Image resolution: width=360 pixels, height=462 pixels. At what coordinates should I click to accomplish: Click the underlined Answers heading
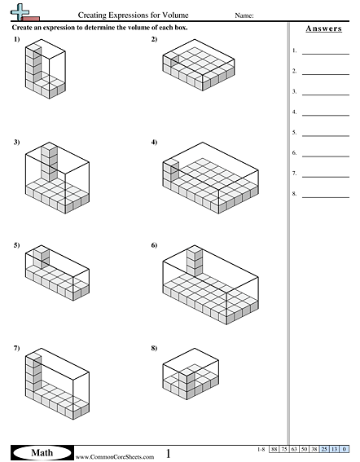323,29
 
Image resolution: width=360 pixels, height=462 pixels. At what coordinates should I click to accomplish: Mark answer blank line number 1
325,52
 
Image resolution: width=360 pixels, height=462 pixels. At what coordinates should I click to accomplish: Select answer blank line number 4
325,113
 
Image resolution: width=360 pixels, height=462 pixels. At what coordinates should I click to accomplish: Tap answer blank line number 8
325,196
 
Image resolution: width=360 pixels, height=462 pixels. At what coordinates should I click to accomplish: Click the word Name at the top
244,15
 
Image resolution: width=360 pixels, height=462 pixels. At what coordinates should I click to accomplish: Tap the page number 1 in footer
169,452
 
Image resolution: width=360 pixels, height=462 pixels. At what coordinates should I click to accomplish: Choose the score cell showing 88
276,449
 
